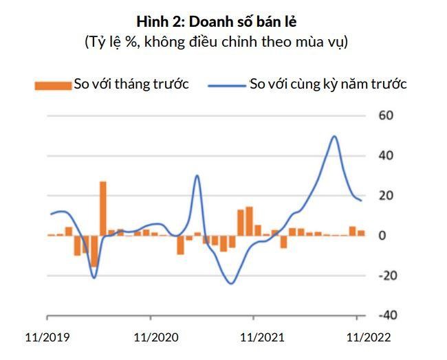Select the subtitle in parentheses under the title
point(217,42)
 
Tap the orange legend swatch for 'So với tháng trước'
point(53,85)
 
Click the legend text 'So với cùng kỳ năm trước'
point(328,85)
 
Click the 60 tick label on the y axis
point(386,115)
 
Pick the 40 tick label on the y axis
point(386,155)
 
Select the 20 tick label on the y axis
point(386,195)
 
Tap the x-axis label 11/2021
point(259,338)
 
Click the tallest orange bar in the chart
point(102,208)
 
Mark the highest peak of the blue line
point(334,136)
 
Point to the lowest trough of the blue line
point(231,283)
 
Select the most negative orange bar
point(94,250)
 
